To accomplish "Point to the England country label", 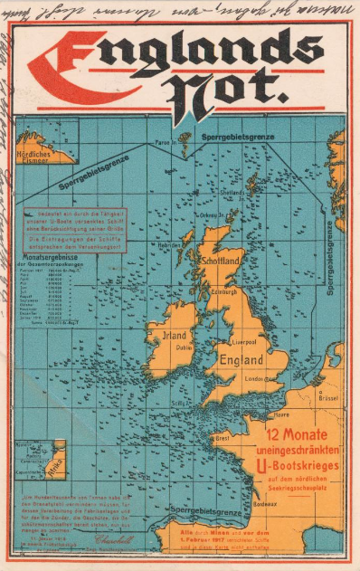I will click(240, 358).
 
